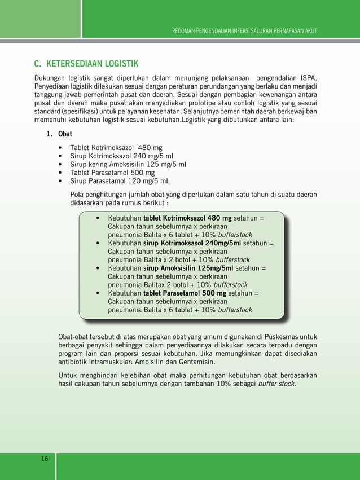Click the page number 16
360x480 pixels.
click(x=45, y=459)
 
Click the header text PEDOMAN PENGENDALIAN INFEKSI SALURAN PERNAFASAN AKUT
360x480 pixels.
click(x=244, y=30)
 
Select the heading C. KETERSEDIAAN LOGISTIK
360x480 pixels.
click(x=86, y=63)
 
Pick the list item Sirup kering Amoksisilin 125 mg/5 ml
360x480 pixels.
click(x=128, y=165)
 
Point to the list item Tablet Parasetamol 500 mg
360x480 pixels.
click(x=112, y=173)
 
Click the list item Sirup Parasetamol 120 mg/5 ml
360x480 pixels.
click(x=120, y=181)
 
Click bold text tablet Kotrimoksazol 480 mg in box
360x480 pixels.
click(x=187, y=218)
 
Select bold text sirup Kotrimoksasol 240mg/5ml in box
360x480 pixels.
click(x=192, y=243)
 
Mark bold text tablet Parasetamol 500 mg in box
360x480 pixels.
click(x=185, y=293)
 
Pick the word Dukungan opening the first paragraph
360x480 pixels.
click(x=49, y=77)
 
